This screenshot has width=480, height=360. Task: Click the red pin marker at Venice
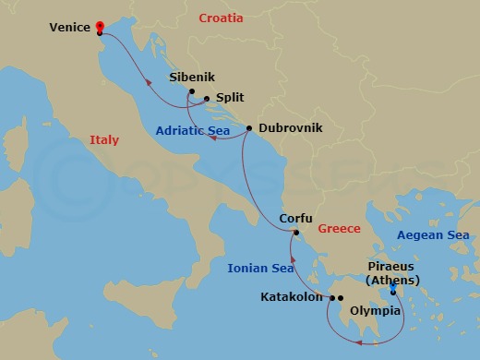tap(99, 28)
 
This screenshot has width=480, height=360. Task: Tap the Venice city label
tap(70, 28)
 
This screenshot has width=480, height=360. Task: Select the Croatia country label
tap(221, 17)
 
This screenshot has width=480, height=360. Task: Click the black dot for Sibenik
tap(191, 91)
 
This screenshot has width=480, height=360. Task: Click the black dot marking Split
tap(206, 99)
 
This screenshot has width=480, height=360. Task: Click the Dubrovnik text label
tap(291, 129)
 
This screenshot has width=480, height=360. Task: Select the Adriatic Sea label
tap(193, 131)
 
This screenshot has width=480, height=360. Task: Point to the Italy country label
tap(104, 140)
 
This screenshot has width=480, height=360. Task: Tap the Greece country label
tap(339, 227)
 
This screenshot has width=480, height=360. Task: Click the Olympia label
tap(374, 311)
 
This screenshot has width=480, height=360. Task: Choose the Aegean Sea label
tap(433, 235)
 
